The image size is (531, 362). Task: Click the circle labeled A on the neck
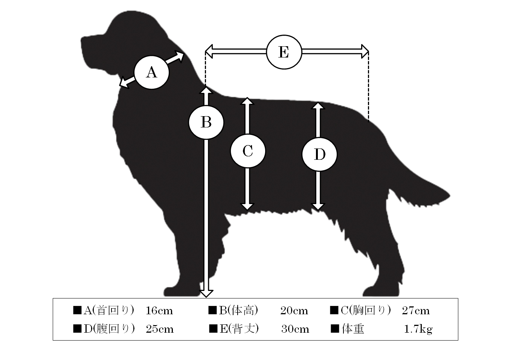pyautogui.click(x=152, y=73)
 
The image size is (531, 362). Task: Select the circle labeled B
pyautogui.click(x=206, y=122)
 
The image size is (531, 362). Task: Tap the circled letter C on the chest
pyautogui.click(x=248, y=151)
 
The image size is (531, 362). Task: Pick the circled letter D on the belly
pyautogui.click(x=319, y=154)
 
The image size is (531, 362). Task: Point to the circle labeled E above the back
pyautogui.click(x=284, y=52)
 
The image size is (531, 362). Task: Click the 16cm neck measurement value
pyautogui.click(x=159, y=311)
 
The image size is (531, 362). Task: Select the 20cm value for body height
pyautogui.click(x=294, y=311)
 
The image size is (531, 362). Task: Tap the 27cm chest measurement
pyautogui.click(x=415, y=311)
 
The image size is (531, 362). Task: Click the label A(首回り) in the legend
pyautogui.click(x=109, y=311)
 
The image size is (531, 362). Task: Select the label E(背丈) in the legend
pyautogui.click(x=239, y=329)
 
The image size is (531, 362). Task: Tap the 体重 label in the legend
pyautogui.click(x=353, y=329)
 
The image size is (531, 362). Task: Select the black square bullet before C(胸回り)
pyautogui.click(x=334, y=310)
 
